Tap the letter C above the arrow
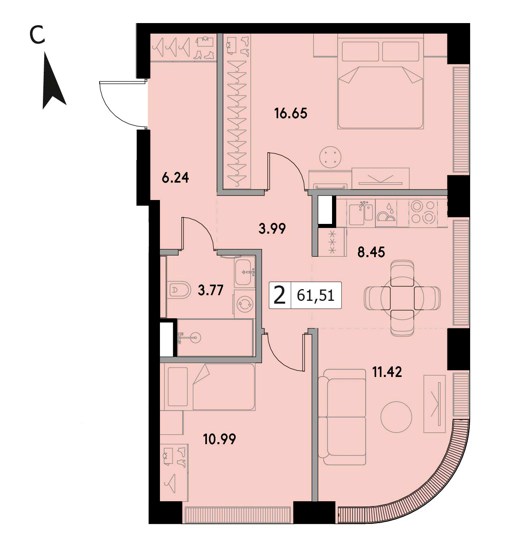tap(37, 35)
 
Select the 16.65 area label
tap(291, 113)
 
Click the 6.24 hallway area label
tap(175, 178)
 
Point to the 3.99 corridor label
tap(272, 229)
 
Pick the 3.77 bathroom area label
tap(211, 290)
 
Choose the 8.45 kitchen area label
tap(371, 252)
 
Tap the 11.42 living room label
tap(387, 372)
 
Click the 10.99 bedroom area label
tap(219, 439)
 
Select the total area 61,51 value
tap(315, 296)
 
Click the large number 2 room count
tap(279, 295)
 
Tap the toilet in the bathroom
tap(179, 289)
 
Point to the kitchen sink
tap(361, 214)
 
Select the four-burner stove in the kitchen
tap(423, 212)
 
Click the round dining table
tap(403, 298)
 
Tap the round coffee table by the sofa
tap(396, 417)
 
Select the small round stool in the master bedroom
tap(330, 157)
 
